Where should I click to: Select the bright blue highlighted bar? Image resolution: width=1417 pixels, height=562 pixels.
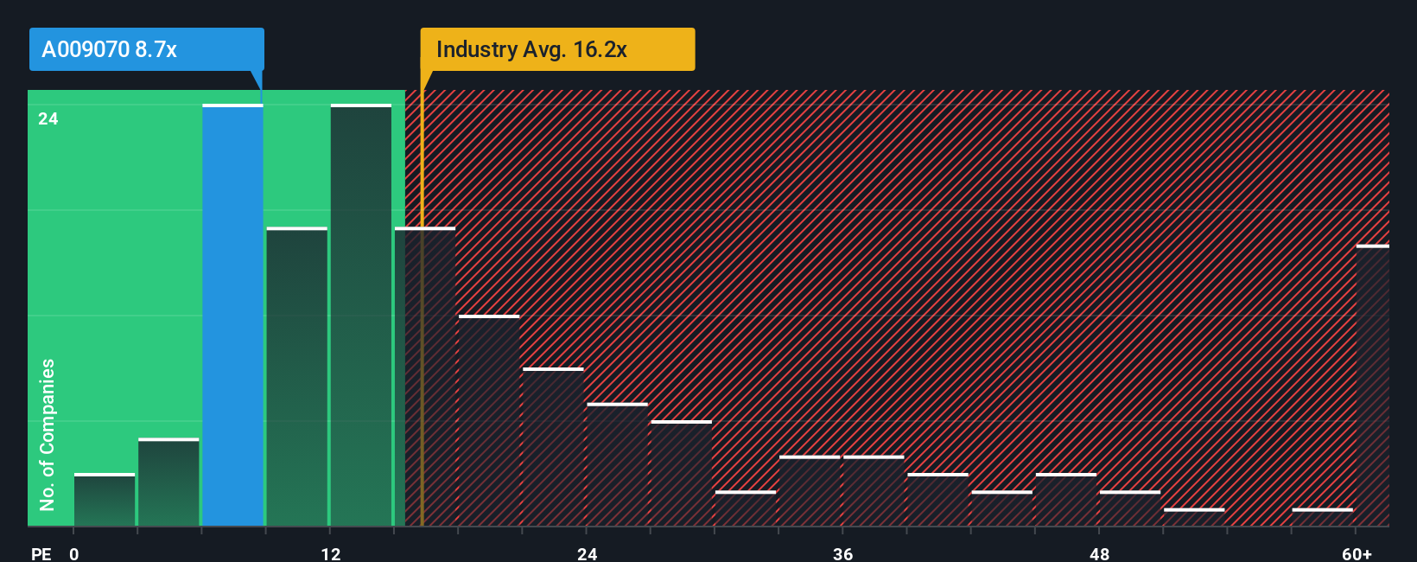tap(232, 316)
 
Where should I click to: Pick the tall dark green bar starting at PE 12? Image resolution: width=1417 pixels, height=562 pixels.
tap(361, 316)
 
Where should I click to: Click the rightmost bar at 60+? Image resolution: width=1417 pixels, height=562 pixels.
tap(1372, 386)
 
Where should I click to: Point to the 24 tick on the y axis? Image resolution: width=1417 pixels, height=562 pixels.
tap(48, 119)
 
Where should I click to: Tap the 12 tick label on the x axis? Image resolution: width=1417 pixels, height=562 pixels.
tap(331, 553)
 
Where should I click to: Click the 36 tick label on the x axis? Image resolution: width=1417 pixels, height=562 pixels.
tap(843, 553)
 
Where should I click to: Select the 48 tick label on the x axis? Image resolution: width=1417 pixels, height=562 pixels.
tap(1099, 553)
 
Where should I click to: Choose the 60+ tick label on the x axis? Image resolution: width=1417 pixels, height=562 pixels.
tap(1357, 553)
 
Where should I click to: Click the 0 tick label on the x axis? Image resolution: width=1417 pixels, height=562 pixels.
tap(74, 553)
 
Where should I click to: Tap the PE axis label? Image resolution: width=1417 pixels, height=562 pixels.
tap(41, 553)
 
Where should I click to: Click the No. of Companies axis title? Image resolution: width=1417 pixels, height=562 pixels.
tap(48, 434)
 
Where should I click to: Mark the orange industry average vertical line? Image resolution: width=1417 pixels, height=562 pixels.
tap(422, 346)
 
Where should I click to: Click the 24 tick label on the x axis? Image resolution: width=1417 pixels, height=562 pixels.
tap(588, 553)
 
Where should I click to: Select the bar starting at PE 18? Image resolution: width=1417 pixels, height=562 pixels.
tap(489, 421)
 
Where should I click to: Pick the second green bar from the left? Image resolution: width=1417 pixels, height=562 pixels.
tap(168, 482)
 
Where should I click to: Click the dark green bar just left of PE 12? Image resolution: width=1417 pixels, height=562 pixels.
tap(297, 377)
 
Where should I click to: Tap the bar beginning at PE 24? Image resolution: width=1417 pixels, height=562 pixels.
tap(617, 465)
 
